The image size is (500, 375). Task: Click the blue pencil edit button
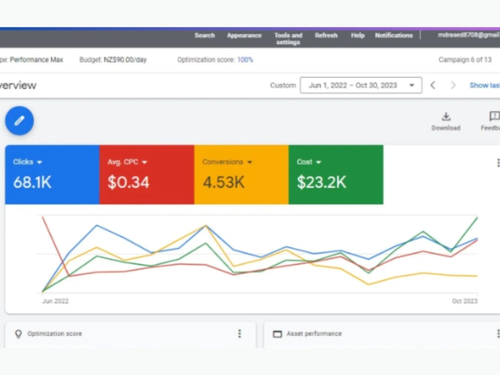click(x=19, y=121)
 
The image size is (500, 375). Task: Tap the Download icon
click(x=446, y=116)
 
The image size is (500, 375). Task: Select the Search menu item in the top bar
click(x=204, y=35)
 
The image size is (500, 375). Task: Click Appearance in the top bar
click(x=244, y=35)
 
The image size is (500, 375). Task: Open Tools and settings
click(x=288, y=38)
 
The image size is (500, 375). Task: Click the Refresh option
click(x=326, y=35)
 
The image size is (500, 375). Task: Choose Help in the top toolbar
click(x=358, y=35)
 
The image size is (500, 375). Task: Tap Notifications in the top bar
click(x=394, y=35)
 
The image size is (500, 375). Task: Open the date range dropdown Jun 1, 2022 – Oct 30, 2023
click(x=361, y=85)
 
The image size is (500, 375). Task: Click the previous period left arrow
click(x=432, y=85)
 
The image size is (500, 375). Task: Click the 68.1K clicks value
click(x=32, y=182)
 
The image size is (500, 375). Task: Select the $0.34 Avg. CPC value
click(x=128, y=182)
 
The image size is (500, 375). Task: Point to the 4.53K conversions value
click(x=223, y=182)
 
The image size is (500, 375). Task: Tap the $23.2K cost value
click(x=321, y=182)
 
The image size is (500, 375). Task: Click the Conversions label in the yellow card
click(x=222, y=162)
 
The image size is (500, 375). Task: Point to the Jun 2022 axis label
click(x=55, y=301)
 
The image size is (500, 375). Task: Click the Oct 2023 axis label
click(x=464, y=301)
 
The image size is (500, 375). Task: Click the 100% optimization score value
click(x=245, y=59)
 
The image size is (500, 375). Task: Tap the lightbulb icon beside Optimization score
click(x=18, y=333)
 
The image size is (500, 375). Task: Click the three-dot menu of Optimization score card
click(x=239, y=333)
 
